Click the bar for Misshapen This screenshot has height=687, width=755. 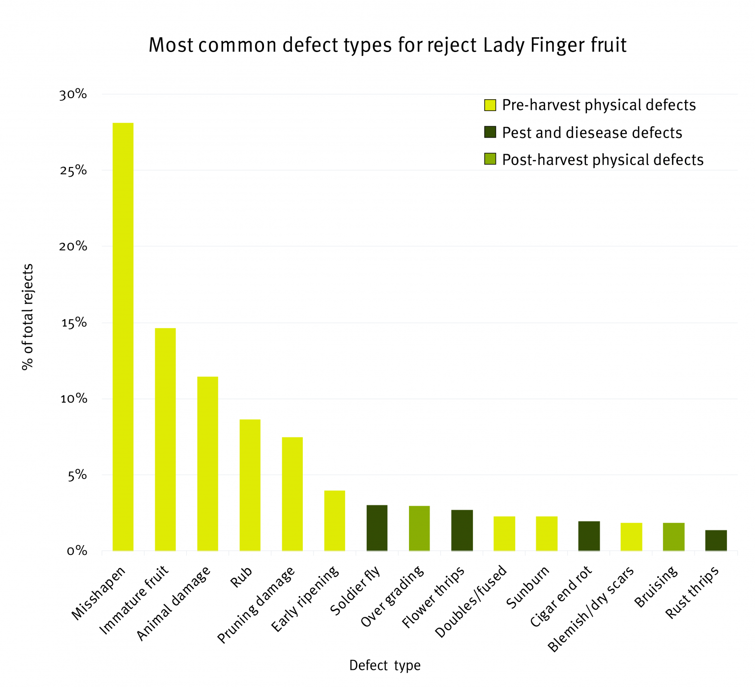[123, 336]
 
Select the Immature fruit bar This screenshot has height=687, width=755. [165, 439]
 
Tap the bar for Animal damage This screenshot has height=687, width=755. [207, 463]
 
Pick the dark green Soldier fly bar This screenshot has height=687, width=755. [377, 527]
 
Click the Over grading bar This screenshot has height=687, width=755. [419, 528]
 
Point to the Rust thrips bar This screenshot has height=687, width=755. [716, 540]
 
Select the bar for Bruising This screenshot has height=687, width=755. [673, 536]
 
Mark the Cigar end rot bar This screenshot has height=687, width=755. [589, 535]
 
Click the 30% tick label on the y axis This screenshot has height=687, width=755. [73, 94]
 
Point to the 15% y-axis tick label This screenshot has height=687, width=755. [73, 323]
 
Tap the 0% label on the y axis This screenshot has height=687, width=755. [76, 551]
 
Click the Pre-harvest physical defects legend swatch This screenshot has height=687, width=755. [490, 105]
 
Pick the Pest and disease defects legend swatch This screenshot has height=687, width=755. [490, 132]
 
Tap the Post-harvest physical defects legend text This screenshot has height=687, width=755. [603, 160]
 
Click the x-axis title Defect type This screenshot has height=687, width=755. [385, 665]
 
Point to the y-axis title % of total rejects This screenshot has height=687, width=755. [28, 317]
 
